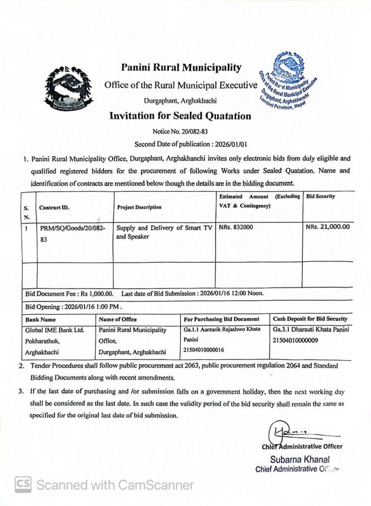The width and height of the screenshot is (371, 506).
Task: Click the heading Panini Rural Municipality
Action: coord(181,68)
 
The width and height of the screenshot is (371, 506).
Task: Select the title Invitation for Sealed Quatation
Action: coord(180,116)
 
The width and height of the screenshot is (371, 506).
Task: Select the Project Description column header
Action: coord(140,207)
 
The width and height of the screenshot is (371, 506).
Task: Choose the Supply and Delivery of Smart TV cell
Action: coord(164,232)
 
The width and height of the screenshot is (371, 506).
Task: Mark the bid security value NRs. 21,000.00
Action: coord(328,227)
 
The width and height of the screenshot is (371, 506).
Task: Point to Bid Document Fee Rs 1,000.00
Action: coord(70,293)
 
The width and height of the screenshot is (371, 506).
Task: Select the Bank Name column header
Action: coord(41,319)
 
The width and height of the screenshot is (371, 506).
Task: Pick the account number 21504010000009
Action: coord(295,340)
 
